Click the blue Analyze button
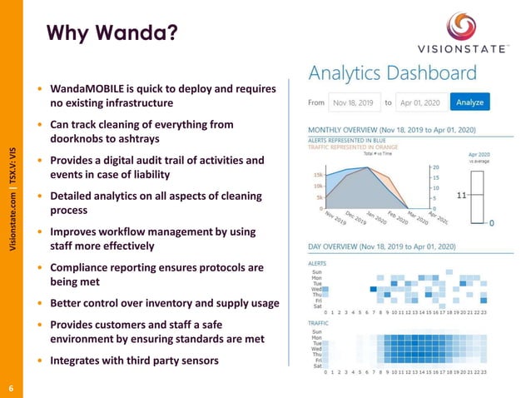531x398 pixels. tap(470, 102)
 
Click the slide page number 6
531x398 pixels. tap(11, 387)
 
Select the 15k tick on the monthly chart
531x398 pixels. tap(317, 176)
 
